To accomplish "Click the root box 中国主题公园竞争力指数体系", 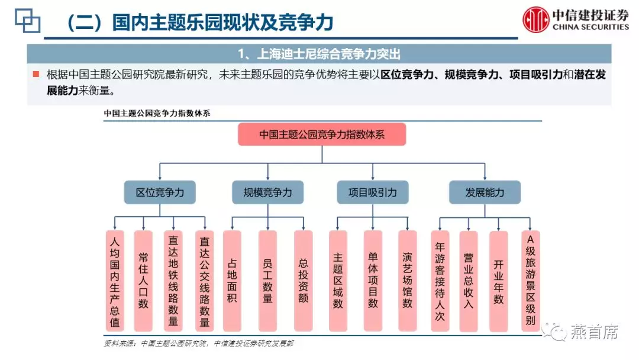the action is pyautogui.click(x=322, y=134).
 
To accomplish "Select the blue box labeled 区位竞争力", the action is pyautogui.click(x=160, y=192).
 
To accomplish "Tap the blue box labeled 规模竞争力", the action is pyautogui.click(x=268, y=192).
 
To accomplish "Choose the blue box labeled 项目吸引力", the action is pyautogui.click(x=373, y=192).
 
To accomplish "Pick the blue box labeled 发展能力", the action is pyautogui.click(x=485, y=192).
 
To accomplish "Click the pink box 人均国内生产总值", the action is pyautogui.click(x=115, y=281).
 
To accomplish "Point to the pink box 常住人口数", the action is pyautogui.click(x=143, y=281).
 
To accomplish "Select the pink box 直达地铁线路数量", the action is pyautogui.click(x=173, y=281).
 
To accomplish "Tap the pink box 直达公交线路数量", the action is pyautogui.click(x=205, y=281).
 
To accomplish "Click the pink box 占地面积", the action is pyautogui.click(x=232, y=281).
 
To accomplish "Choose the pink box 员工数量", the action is pyautogui.click(x=267, y=281).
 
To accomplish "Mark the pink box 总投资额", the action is pyautogui.click(x=303, y=281).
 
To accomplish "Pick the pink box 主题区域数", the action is pyautogui.click(x=338, y=281).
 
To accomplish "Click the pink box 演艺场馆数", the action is pyautogui.click(x=407, y=281).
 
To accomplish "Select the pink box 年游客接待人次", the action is pyautogui.click(x=440, y=281).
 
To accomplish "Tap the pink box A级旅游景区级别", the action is pyautogui.click(x=530, y=281).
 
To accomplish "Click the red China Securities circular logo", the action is pyautogui.click(x=536, y=20).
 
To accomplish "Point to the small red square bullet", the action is pyautogui.click(x=36, y=74).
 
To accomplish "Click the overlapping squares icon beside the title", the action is pyautogui.click(x=27, y=20).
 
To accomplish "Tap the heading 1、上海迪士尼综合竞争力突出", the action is pyautogui.click(x=319, y=54).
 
